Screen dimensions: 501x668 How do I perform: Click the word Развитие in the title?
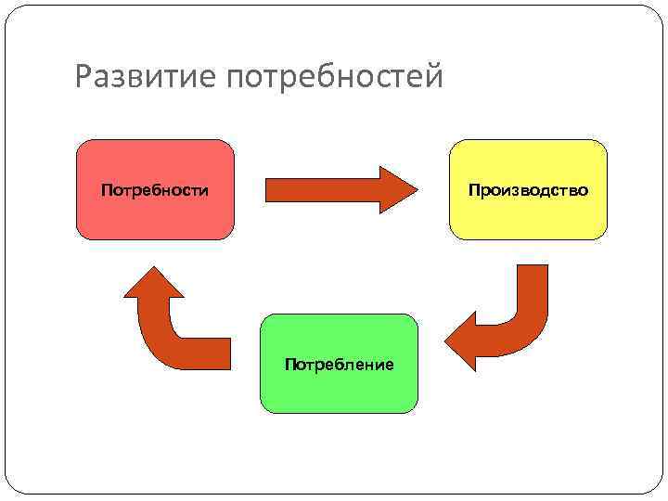tap(145, 77)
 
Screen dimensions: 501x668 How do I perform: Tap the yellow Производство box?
tap(528, 218)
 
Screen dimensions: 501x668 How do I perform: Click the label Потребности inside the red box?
tap(155, 190)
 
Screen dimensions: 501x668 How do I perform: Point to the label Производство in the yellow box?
tap(528, 190)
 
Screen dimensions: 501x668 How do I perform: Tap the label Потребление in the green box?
tap(340, 364)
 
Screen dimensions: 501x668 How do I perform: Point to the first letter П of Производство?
tap(474, 190)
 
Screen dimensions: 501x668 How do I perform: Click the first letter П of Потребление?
tap(290, 364)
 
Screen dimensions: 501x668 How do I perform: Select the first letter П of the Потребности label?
tap(106, 190)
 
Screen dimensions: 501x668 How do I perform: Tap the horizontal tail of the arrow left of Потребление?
tap(209, 353)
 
